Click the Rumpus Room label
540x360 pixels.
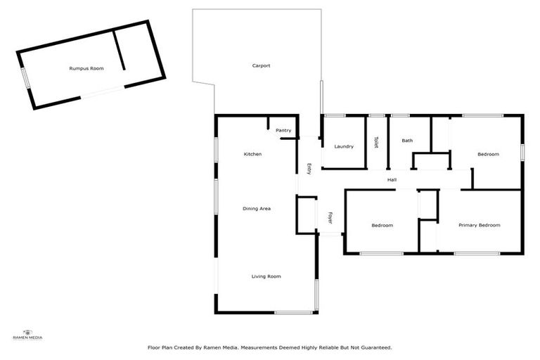click(86, 68)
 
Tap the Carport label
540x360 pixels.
click(262, 65)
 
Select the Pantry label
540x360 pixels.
click(283, 130)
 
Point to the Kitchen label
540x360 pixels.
click(253, 154)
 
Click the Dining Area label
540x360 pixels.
click(257, 208)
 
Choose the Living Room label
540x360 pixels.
click(266, 276)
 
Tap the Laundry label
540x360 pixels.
click(344, 146)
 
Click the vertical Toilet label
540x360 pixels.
click(376, 142)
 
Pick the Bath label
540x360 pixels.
click(407, 141)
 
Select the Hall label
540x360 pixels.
click(392, 180)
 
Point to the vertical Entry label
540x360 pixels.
click(309, 169)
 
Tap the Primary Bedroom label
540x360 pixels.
click(479, 225)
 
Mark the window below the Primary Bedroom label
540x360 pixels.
click(476, 253)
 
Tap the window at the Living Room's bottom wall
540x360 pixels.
click(293, 312)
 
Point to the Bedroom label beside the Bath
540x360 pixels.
click(488, 154)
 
